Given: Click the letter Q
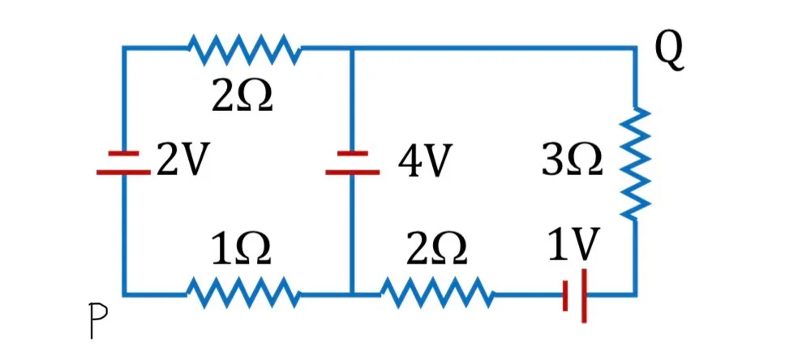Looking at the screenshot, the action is click(x=669, y=54).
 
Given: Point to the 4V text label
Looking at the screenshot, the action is click(x=422, y=161).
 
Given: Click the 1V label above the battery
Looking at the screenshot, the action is click(x=573, y=244).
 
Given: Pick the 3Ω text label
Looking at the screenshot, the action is click(x=572, y=161).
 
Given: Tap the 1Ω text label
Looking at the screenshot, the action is click(x=242, y=250).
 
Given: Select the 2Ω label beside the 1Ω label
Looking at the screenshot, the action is click(x=437, y=250).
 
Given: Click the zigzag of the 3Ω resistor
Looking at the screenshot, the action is click(x=636, y=163).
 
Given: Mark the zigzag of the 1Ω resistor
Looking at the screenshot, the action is click(x=245, y=294).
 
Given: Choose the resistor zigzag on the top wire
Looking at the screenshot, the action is click(x=245, y=49).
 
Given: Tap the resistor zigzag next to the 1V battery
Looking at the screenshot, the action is click(x=437, y=294).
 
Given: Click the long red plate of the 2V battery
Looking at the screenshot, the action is click(x=124, y=173).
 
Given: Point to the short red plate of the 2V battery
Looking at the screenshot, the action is click(x=124, y=153).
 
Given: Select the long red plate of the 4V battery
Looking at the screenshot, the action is click(x=352, y=173).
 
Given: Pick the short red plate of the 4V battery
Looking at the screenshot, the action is click(x=352, y=153).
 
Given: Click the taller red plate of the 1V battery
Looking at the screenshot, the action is click(x=584, y=296).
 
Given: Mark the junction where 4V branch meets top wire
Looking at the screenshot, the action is click(x=352, y=49).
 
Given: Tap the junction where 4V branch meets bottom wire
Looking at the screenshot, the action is click(x=352, y=294).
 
